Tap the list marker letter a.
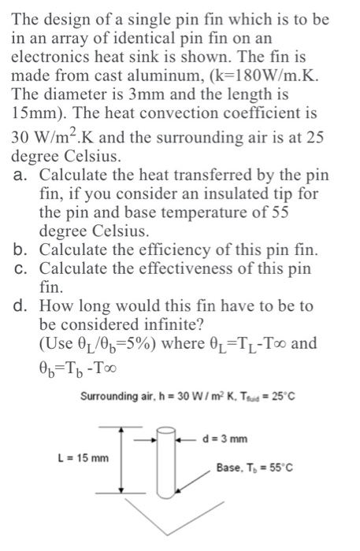[x=21, y=175]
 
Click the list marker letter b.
[x=21, y=250]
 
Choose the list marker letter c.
[x=21, y=269]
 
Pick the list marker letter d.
[x=21, y=306]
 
